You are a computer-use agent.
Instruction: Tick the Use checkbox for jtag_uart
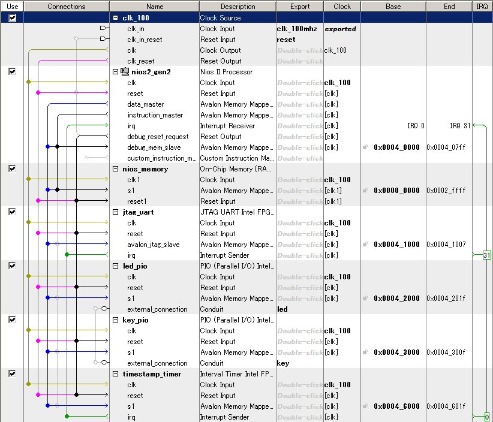12,212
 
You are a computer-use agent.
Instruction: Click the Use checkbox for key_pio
12,319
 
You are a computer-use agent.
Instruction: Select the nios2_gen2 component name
151,72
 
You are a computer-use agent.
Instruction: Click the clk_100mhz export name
296,29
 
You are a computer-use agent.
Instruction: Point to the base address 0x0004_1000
396,245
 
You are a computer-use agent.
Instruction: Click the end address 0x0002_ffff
446,191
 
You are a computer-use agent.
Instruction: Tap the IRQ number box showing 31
486,255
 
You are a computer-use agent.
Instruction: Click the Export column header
300,7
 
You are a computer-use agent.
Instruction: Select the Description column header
238,7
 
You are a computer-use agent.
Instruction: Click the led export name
282,309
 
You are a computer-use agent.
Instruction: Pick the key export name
283,363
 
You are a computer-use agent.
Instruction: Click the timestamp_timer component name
148,374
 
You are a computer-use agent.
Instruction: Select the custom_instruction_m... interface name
162,158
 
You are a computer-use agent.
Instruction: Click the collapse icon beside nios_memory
116,169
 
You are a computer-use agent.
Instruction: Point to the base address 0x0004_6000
396,406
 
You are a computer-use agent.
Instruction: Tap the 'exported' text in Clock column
340,29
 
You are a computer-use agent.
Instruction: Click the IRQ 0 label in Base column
415,126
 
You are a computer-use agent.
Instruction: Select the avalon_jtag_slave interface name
153,245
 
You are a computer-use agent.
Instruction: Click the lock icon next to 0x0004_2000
365,299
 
